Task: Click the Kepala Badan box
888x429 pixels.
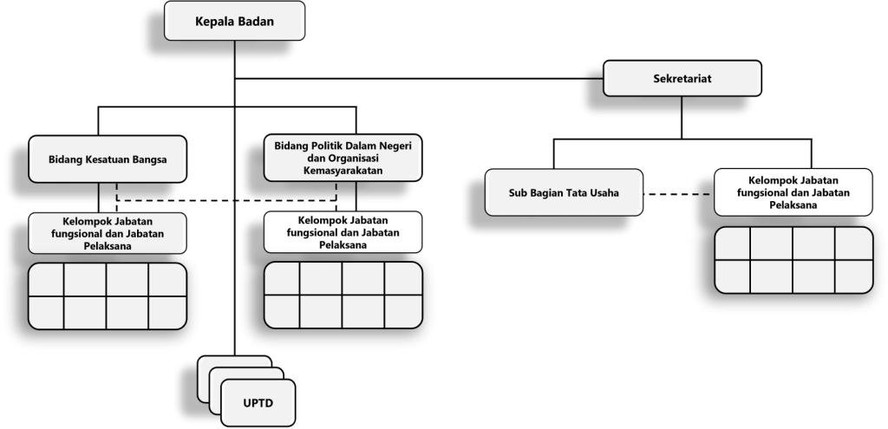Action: tap(234, 21)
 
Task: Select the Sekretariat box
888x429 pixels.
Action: tap(682, 78)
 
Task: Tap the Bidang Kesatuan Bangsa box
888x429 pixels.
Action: tap(108, 159)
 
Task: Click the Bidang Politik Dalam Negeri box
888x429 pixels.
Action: tap(343, 158)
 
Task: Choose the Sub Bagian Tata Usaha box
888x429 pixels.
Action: tap(564, 192)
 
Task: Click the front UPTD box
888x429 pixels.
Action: tap(258, 403)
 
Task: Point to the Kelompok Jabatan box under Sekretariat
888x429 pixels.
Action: tap(793, 192)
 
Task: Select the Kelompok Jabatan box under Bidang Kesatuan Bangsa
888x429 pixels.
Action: tap(108, 233)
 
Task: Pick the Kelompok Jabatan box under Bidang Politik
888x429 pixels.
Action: tap(343, 232)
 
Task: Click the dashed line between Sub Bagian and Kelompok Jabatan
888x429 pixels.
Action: tap(678, 194)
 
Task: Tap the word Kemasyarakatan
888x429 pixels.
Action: tap(343, 171)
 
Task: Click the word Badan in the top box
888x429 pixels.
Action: tap(256, 21)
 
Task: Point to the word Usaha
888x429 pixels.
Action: tap(605, 192)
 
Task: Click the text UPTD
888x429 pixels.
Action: tap(258, 404)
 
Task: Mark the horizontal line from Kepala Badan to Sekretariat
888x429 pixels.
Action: tap(419, 78)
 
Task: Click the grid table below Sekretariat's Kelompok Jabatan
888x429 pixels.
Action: tap(793, 260)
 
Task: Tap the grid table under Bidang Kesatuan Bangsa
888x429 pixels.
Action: tap(108, 296)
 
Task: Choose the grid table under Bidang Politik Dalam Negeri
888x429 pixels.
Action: tap(343, 295)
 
